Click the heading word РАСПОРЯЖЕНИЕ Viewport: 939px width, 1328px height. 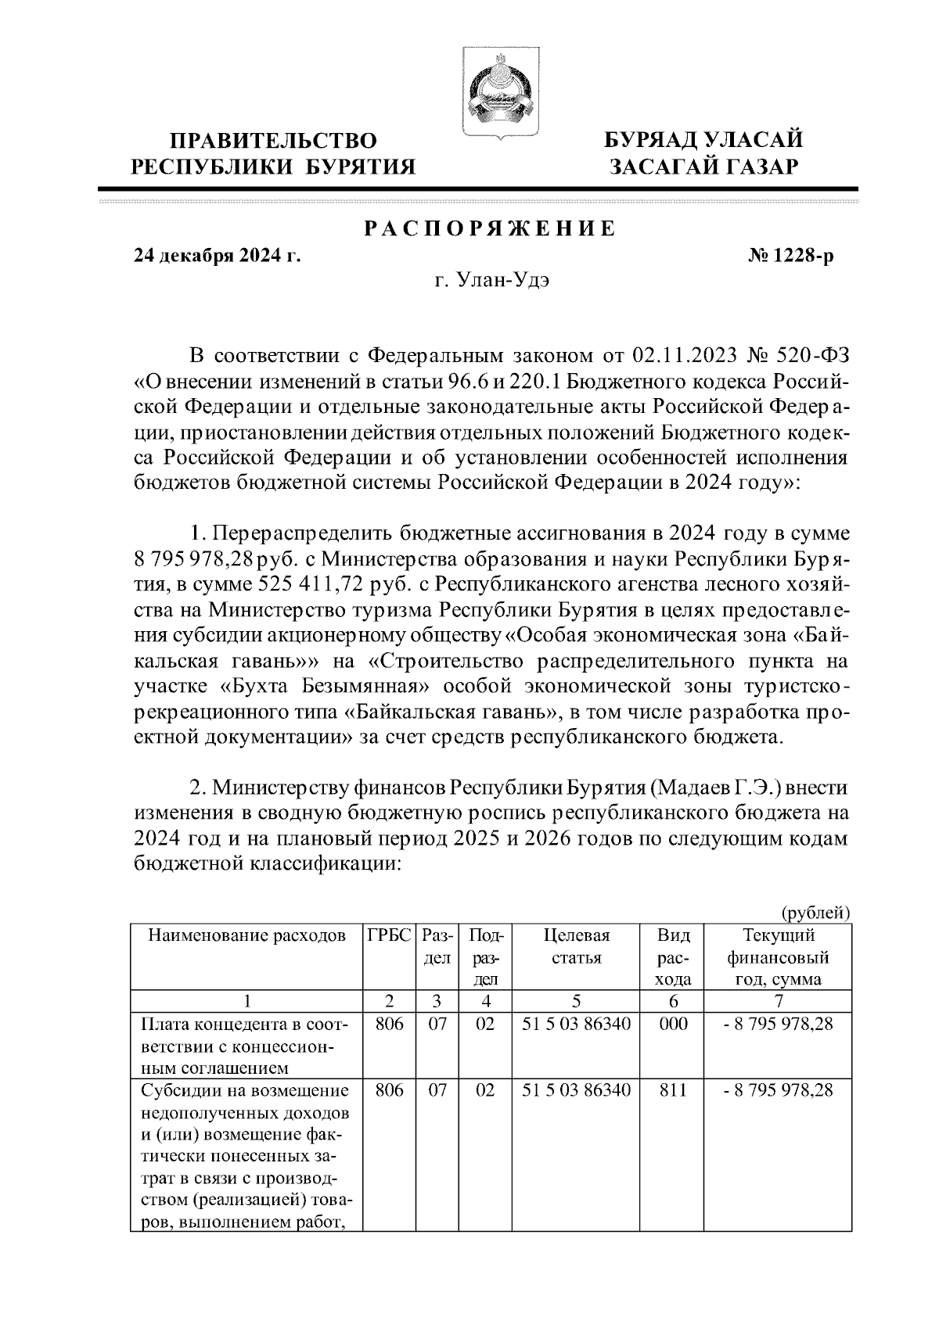coord(490,229)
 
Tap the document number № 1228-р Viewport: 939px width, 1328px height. coord(791,256)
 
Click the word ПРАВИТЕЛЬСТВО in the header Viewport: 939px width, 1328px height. coord(274,141)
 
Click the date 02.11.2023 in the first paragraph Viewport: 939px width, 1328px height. coord(683,356)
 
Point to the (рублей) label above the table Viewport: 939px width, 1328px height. coord(815,912)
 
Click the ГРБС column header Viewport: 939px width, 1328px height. coord(389,935)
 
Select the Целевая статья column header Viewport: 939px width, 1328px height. coord(576,946)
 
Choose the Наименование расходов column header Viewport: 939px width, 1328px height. coord(246,935)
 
